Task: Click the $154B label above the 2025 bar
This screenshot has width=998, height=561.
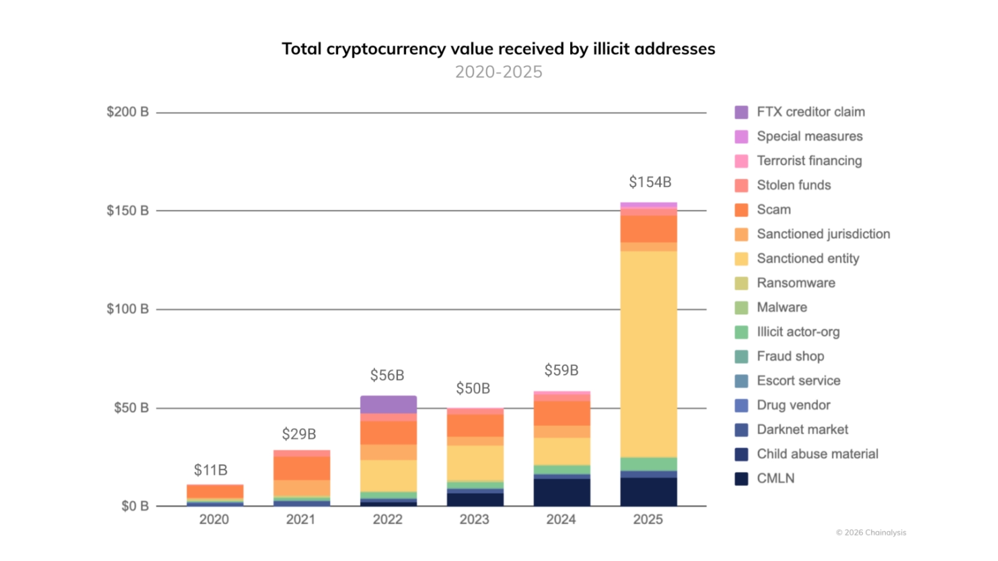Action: point(649,182)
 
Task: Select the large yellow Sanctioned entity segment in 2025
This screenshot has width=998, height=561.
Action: point(648,353)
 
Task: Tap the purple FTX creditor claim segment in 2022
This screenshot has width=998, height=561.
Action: point(388,405)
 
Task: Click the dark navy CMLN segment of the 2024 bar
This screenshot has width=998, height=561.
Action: point(561,492)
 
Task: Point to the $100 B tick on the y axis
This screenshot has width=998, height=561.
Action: point(127,309)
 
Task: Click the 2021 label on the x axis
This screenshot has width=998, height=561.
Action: point(301,519)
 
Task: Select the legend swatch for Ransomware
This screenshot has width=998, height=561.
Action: point(741,283)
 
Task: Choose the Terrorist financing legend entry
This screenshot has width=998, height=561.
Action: point(809,161)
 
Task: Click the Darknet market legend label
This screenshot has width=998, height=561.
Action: point(802,429)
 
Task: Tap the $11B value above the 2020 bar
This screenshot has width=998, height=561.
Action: point(210,470)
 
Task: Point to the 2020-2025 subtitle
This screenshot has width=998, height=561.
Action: point(498,72)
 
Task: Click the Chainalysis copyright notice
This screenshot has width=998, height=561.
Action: point(871,532)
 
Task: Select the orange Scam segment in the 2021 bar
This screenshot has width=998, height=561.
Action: point(301,468)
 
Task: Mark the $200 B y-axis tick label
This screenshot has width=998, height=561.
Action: point(127,112)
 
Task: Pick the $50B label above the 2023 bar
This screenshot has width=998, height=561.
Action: point(473,388)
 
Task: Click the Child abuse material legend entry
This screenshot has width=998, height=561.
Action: point(817,454)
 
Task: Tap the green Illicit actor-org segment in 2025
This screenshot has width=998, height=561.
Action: point(648,464)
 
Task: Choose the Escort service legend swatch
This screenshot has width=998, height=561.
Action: point(741,381)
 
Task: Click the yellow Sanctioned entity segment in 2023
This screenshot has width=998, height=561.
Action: point(475,463)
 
